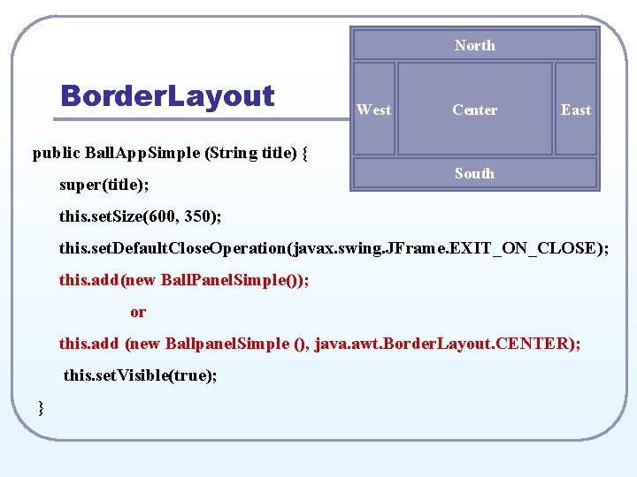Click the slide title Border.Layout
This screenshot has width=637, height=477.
tap(167, 95)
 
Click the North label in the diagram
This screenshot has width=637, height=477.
tap(475, 45)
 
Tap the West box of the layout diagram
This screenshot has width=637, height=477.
tap(373, 110)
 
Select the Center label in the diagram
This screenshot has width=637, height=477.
tap(475, 110)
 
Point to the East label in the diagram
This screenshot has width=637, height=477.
tap(576, 110)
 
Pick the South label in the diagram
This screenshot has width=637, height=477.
tap(475, 173)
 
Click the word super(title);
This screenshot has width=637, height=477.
tap(104, 185)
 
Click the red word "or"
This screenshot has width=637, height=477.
tap(138, 312)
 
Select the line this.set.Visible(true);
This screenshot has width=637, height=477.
tap(140, 375)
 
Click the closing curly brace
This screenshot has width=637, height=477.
tap(41, 406)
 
